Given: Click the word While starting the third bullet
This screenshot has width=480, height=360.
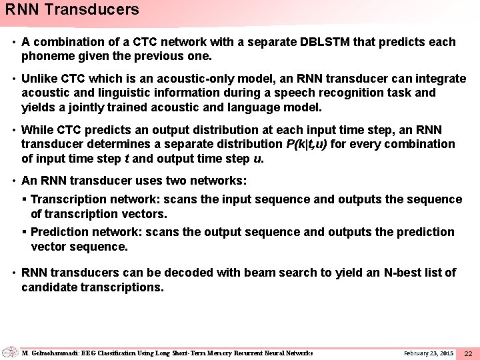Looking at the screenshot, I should click(37, 130).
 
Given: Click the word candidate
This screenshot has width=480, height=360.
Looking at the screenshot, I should click(48, 287).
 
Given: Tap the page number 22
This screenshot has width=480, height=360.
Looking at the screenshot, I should click(468, 352).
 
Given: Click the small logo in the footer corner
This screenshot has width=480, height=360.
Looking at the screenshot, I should click(10, 351).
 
